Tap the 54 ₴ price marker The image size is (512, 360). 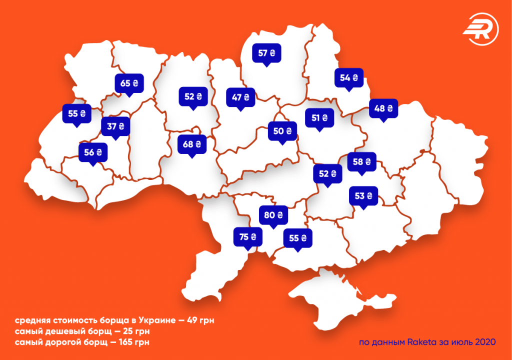pos(349,78)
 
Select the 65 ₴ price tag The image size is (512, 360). pos(129,83)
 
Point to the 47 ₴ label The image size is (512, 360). pos(240,97)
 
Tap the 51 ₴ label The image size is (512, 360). pos(319,118)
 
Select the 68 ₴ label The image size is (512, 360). pos(192,144)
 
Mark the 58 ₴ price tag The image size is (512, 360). pos(361,161)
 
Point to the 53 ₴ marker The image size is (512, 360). pos(363,195)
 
